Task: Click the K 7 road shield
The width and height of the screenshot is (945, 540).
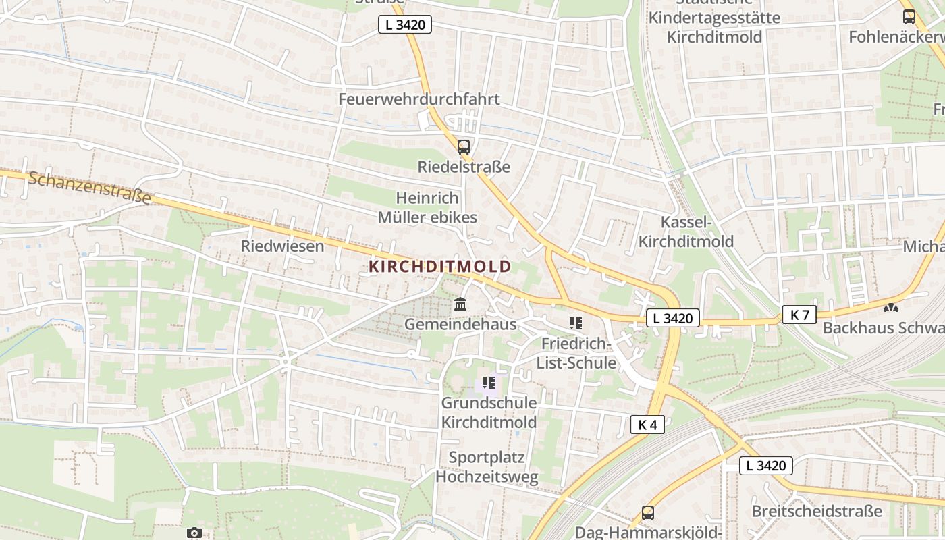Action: coord(800,314)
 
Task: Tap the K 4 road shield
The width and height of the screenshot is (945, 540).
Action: coord(647,424)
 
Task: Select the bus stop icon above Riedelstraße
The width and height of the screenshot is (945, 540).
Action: coord(464,146)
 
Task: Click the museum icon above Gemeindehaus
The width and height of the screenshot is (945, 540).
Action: coord(460,304)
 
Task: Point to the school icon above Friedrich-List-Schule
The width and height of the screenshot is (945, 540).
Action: coord(575,323)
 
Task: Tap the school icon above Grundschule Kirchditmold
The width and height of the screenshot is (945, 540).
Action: coord(489,383)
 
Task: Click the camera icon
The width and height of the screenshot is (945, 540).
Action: coord(194,533)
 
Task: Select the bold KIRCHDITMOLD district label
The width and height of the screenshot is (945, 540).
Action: coord(440,267)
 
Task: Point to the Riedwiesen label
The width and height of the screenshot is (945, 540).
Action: coord(282,246)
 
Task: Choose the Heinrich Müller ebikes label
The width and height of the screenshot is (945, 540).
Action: coord(427,208)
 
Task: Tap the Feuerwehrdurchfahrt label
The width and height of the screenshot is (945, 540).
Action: coord(419,99)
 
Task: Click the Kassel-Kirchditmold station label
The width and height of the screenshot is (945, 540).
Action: coord(686,232)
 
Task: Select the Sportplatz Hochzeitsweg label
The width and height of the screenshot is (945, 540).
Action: coord(487,467)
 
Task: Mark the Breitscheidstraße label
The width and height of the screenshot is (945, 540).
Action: coord(817,510)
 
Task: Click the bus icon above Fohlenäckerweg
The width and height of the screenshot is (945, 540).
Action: coord(909,17)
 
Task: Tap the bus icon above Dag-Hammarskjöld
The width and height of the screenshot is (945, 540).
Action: coord(648,512)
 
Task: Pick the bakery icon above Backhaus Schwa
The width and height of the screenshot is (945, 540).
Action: coord(891,308)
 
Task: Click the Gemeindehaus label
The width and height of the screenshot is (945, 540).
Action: coord(460,325)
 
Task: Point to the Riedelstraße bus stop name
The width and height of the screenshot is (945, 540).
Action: coord(464,167)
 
